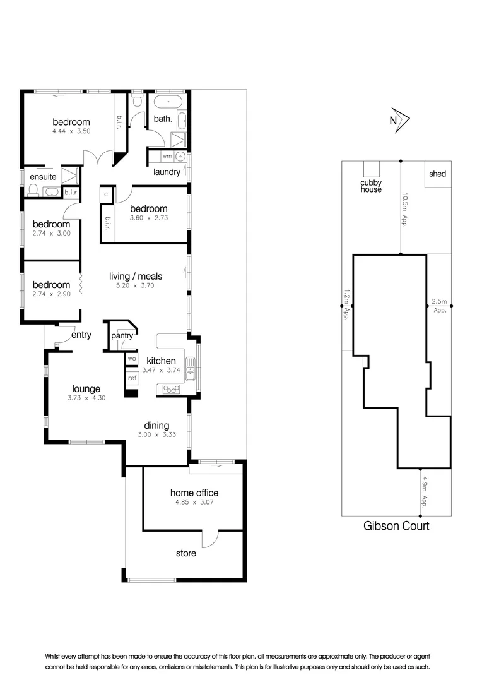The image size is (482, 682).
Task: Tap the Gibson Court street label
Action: coord(396,525)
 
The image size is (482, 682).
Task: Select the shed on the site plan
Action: coord(437,174)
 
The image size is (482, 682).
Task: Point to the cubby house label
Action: coord(370,186)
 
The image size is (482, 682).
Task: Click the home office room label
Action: coord(194,493)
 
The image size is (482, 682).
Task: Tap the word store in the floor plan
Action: coord(185,553)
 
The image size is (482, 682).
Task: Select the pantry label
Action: coord(122,336)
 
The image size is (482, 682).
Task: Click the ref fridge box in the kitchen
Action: coord(132,378)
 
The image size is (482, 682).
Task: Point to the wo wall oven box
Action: coord(132,359)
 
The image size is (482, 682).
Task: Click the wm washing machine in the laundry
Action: coord(167,155)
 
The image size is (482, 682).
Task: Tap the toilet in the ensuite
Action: coord(34,189)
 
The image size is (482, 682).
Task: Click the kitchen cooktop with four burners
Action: coord(171,390)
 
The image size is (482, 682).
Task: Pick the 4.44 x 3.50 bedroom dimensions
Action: coord(71,132)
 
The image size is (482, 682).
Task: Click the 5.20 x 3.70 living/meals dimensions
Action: coord(136,285)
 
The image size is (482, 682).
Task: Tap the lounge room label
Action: coord(86,389)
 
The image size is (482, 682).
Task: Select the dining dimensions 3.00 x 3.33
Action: coord(157,434)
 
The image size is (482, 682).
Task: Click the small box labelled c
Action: coord(106,194)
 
